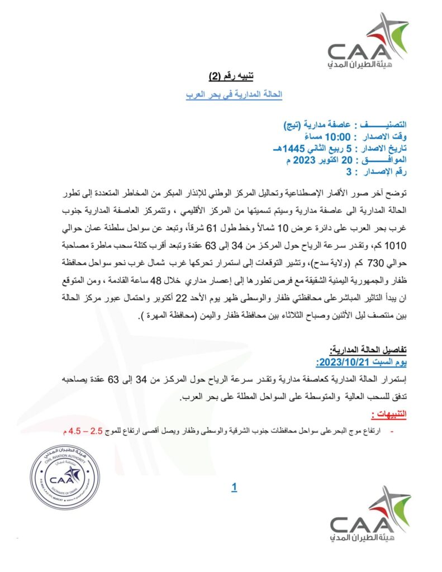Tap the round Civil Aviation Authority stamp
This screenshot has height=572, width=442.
(65, 476)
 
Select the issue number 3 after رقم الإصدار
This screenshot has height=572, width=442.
(349, 171)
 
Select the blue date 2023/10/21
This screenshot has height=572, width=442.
(335, 361)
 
